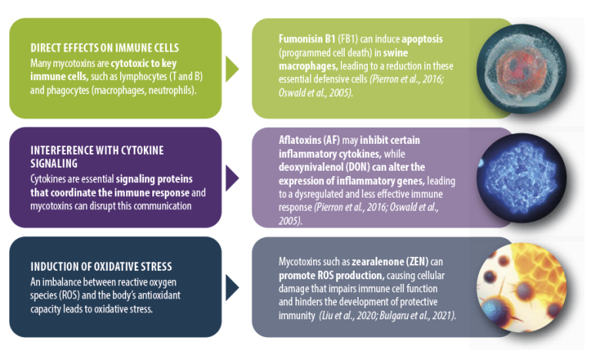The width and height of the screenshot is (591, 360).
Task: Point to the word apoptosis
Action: (x=422, y=38)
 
